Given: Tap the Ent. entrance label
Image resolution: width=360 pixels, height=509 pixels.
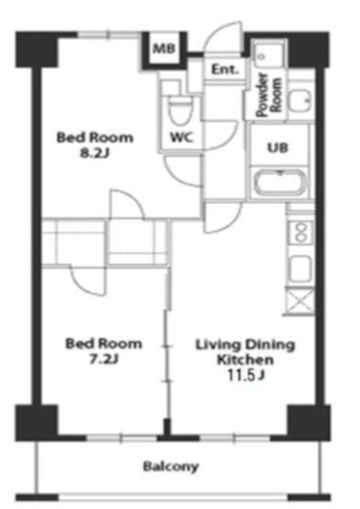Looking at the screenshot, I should [223, 70].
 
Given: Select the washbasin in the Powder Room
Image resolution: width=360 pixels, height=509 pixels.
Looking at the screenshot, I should [300, 101].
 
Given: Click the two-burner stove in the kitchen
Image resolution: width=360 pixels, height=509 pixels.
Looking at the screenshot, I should [300, 232].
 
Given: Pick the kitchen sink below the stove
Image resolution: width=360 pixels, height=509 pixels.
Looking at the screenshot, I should [300, 268].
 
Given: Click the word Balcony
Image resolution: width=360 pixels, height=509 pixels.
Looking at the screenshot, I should [171, 466].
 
